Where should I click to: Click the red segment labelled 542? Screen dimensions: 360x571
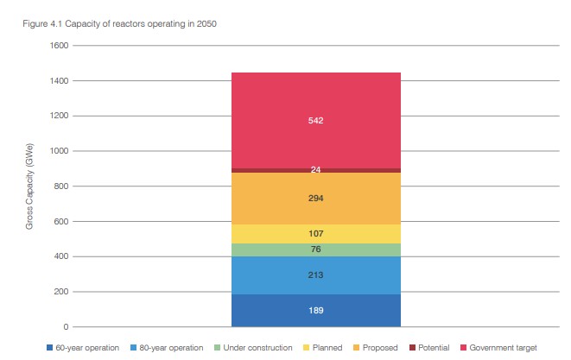316,120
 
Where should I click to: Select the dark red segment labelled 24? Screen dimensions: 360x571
316,170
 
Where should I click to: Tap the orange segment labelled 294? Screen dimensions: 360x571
316,199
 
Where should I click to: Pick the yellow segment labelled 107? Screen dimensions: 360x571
316,234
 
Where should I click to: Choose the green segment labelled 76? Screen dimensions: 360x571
316,250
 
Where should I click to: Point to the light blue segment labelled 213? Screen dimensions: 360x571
316,275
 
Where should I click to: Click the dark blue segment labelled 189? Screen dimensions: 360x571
316,310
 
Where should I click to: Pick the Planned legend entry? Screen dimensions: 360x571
323,348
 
